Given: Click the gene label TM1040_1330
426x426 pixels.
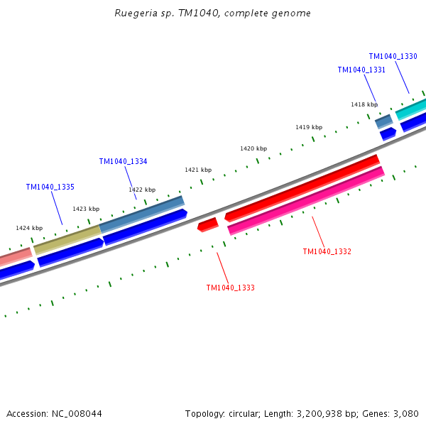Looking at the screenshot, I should click(393, 56).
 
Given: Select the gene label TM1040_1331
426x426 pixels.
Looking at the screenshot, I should click(361, 70).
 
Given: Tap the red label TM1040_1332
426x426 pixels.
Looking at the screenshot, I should click(327, 251).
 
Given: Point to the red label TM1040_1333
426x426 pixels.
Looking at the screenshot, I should click(230, 288).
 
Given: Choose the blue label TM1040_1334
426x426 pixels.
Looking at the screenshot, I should click(123, 161).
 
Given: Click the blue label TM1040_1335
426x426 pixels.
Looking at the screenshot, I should click(50, 187).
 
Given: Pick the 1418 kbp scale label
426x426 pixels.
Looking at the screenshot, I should click(364, 104).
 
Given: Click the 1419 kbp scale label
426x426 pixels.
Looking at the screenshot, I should click(309, 127).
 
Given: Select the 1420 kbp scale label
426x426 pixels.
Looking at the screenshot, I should click(253, 148).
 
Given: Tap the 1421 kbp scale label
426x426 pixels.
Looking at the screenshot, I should click(198, 170).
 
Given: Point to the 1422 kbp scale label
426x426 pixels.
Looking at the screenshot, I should click(142, 190).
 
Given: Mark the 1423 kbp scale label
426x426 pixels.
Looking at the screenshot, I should click(86, 209).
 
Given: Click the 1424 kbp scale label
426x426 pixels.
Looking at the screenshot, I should click(29, 228).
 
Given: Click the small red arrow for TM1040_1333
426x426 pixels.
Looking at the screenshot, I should click(207, 224).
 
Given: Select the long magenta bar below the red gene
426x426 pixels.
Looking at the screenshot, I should click(305, 200).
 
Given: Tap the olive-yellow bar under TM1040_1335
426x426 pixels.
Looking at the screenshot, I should click(67, 239).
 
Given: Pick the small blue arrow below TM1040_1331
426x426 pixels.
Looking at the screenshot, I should click(388, 133).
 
